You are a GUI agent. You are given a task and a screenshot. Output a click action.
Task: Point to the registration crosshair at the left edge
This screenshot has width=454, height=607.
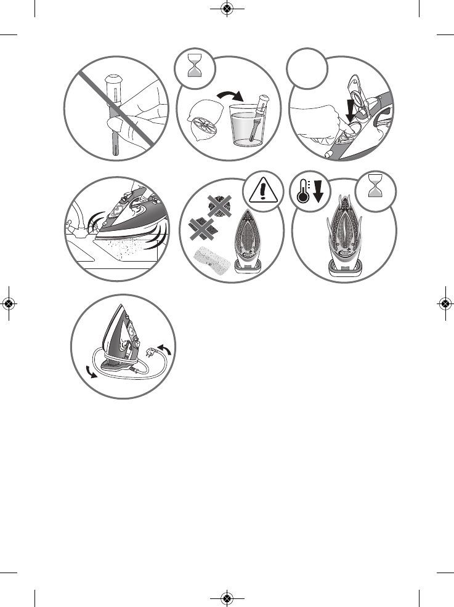pyautogui.click(x=9, y=303)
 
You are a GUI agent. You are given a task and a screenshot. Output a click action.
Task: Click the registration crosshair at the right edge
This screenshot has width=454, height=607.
pyautogui.click(x=445, y=303)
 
